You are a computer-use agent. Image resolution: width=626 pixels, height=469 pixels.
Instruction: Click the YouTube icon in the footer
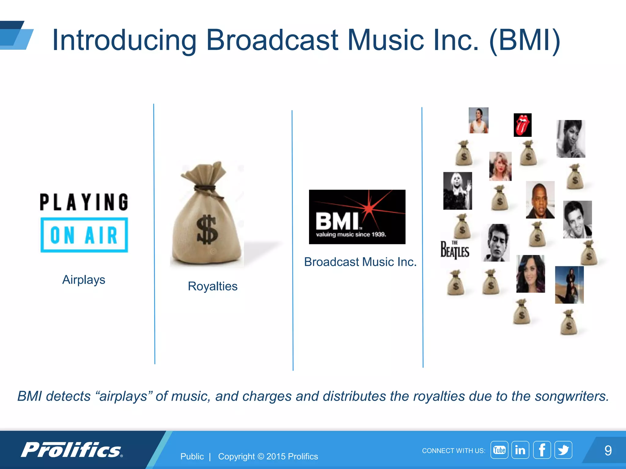click(x=499, y=450)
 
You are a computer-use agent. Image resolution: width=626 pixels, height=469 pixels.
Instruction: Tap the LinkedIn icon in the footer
click(x=520, y=450)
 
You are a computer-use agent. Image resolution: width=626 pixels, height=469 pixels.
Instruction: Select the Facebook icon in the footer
click(x=542, y=450)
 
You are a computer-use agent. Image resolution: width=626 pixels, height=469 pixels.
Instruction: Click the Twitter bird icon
click(x=563, y=450)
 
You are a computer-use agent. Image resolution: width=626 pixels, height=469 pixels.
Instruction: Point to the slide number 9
click(x=608, y=450)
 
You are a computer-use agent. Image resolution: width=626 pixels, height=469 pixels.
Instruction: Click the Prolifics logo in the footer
click(x=72, y=450)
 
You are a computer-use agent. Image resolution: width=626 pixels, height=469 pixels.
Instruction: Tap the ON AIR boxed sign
click(x=84, y=235)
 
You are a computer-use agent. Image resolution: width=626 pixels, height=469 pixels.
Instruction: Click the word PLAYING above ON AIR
click(x=84, y=202)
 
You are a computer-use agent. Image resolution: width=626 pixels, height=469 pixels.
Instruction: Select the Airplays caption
click(x=84, y=280)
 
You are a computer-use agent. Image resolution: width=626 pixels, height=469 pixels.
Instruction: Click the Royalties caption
click(x=212, y=286)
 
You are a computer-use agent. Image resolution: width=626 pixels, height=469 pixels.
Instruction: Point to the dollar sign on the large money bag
click(x=207, y=230)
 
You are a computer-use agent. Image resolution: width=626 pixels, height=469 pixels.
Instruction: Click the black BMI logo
click(x=357, y=217)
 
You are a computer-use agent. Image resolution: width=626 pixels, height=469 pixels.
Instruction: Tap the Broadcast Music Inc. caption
click(x=360, y=262)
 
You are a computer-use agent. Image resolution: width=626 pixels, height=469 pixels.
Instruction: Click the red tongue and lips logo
click(x=522, y=125)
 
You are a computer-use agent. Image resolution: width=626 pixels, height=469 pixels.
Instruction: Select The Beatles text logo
click(x=455, y=250)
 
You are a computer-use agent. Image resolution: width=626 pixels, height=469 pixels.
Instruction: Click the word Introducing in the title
click(x=124, y=40)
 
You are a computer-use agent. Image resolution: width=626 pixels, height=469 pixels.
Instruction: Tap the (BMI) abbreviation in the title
click(x=525, y=40)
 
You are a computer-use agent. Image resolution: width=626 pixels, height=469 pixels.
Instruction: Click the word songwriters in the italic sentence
click(x=572, y=396)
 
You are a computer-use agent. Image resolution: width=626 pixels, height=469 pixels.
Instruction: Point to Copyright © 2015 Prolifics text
click(x=268, y=456)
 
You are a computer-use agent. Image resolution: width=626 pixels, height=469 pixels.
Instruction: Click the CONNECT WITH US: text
click(x=453, y=451)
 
